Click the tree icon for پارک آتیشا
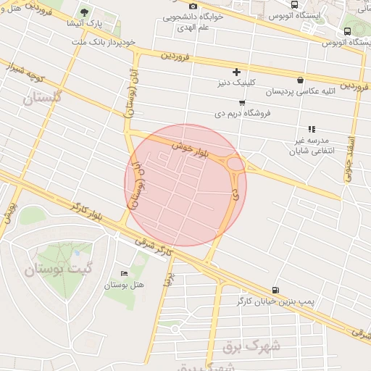pos(85,12)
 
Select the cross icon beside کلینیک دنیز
pos(236,72)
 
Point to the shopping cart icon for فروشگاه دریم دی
pos(241,103)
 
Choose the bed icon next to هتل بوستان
pos(124,273)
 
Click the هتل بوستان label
pos(124,284)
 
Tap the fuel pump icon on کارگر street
pos(274,289)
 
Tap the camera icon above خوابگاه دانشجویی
pos(193,6)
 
